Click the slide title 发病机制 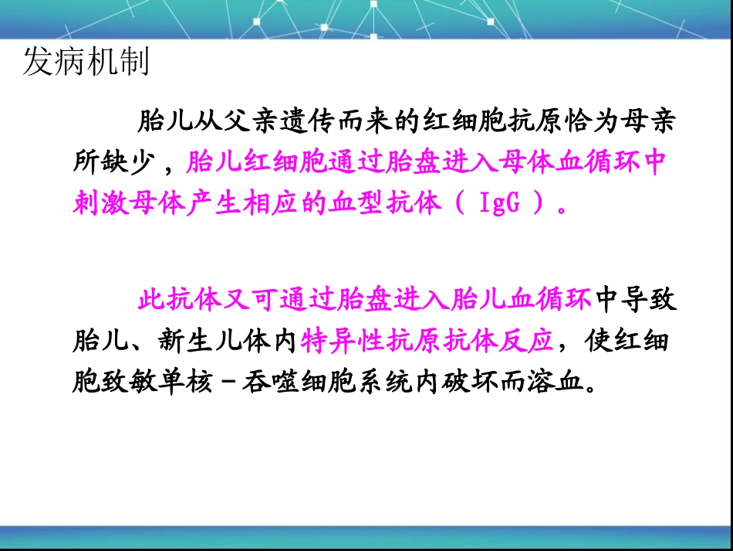click(86, 63)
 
